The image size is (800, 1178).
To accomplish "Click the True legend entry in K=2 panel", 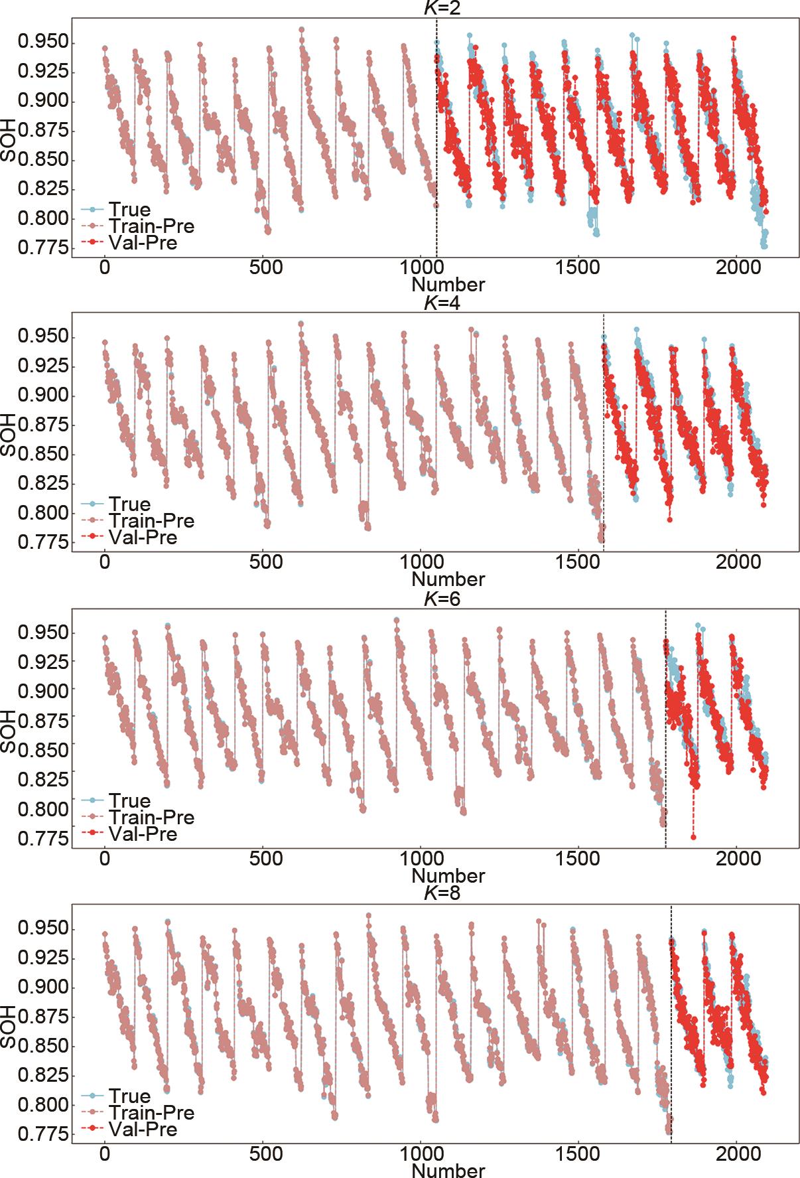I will click(130, 210).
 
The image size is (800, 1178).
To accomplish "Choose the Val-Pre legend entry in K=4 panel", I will click(143, 537).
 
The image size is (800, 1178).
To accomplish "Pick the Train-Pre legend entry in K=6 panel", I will click(152, 817).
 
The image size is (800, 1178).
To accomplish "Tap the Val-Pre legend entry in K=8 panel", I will click(143, 1129).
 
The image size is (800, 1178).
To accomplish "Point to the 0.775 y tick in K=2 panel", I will click(43, 248).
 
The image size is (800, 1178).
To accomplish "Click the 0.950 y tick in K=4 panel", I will click(43, 337).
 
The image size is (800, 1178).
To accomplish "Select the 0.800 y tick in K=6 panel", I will click(43, 809).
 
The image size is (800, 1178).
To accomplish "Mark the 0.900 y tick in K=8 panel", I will click(43, 987).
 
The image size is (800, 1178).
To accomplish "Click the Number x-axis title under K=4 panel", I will click(448, 579).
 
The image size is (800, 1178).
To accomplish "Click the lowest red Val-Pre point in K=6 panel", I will click(693, 837).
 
